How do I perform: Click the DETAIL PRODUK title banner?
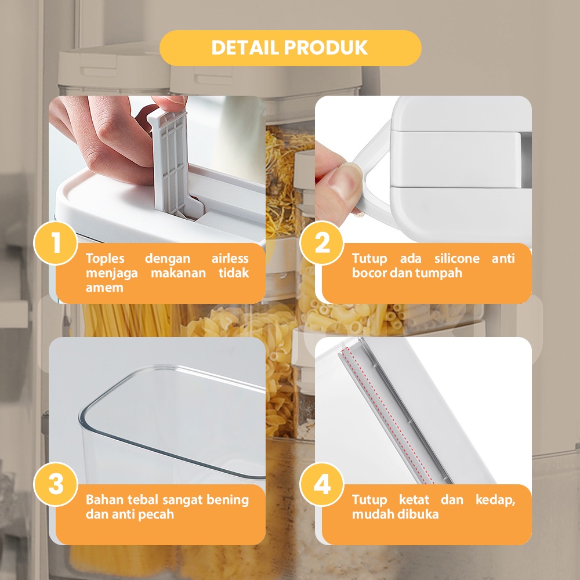tap(290, 48)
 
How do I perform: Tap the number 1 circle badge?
tap(56, 243)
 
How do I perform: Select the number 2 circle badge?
tap(322, 243)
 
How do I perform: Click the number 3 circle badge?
tap(56, 484)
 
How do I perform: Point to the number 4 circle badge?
tap(322, 484)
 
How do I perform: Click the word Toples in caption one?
tap(105, 259)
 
